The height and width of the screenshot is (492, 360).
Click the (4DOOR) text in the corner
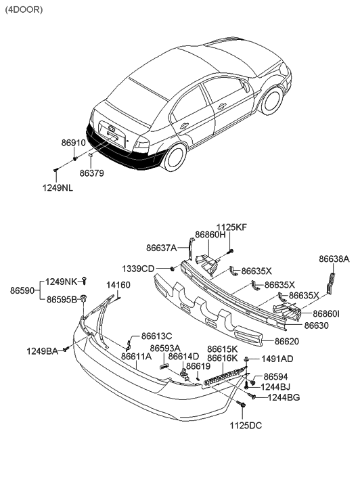[24, 10]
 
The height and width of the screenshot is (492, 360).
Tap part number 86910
[74, 144]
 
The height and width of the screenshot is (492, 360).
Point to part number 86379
[92, 173]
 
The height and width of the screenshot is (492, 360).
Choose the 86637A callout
[161, 248]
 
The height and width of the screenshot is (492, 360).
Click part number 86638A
[334, 259]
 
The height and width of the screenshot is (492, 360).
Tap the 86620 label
[287, 341]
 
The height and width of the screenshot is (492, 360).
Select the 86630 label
[317, 326]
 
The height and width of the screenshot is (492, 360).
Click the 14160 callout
[118, 285]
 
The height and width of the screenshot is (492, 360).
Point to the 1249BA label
[43, 351]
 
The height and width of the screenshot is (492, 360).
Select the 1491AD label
[277, 359]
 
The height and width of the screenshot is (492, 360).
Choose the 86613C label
[156, 336]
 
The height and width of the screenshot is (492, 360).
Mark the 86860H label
[210, 235]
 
